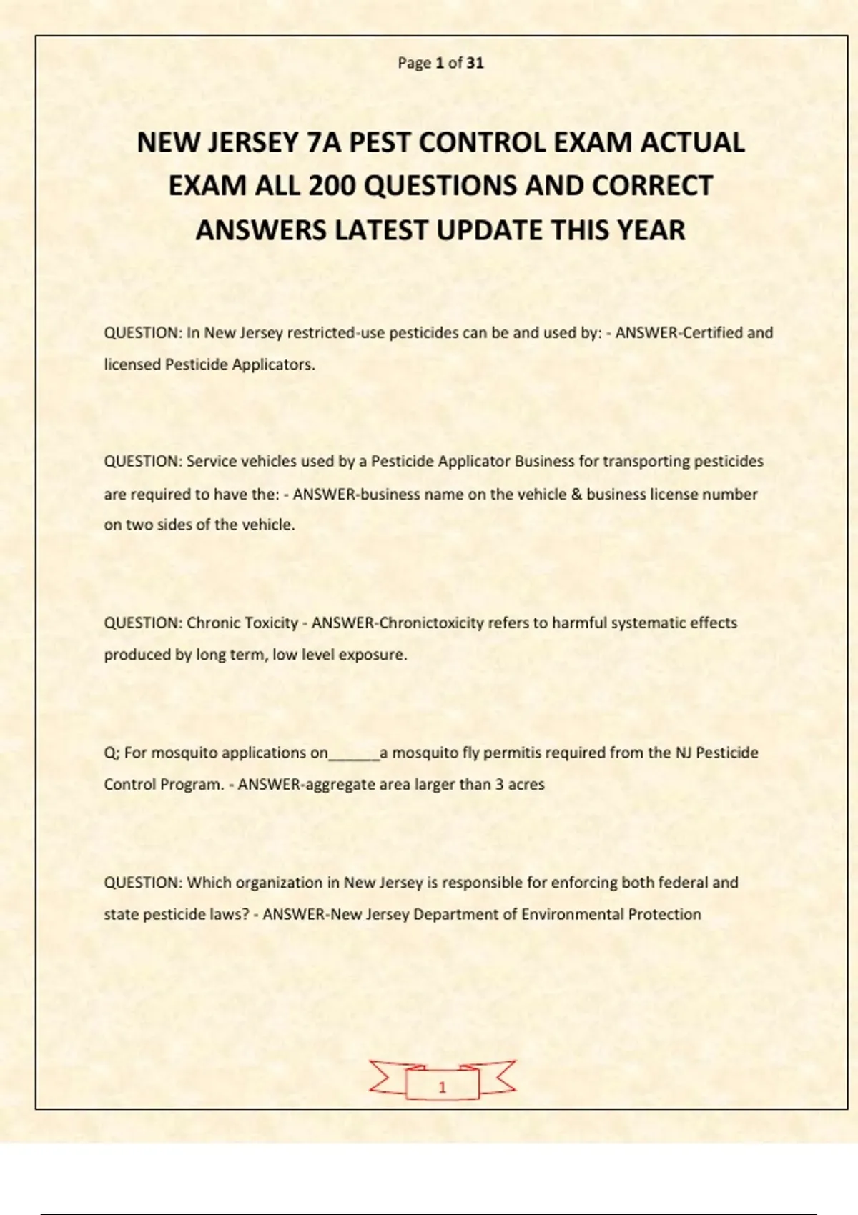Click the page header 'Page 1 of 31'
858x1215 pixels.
pyautogui.click(x=440, y=63)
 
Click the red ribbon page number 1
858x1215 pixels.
pyautogui.click(x=442, y=1087)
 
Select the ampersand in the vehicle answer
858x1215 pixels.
pyautogui.click(x=576, y=494)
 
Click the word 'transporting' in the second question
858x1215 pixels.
pyautogui.click(x=643, y=461)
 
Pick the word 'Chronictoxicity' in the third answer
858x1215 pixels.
pyautogui.click(x=431, y=623)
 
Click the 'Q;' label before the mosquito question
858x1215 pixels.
pyautogui.click(x=112, y=753)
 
